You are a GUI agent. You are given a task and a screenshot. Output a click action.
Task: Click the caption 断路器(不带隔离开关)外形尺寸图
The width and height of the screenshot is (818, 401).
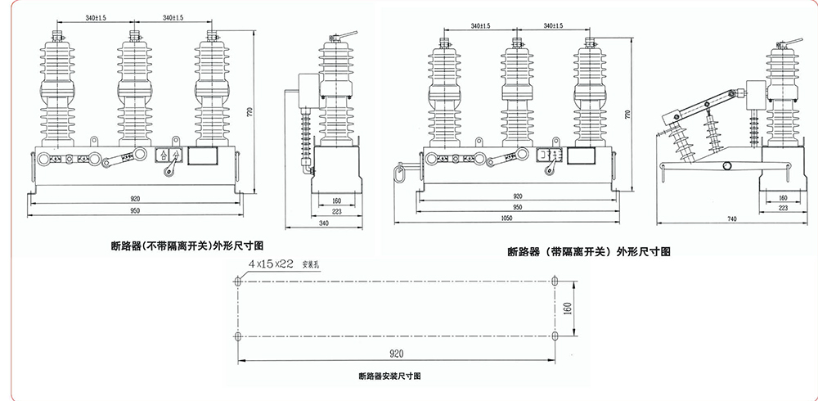coord(187,244)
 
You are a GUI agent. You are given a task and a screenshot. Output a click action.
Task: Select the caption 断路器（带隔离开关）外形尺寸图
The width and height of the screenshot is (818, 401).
coord(589,251)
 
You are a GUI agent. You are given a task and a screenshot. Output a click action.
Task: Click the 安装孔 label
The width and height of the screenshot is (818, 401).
coord(313,264)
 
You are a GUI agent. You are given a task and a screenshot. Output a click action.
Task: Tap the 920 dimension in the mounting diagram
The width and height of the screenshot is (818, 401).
coord(397,354)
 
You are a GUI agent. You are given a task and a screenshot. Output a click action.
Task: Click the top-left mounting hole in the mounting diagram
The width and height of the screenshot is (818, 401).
coord(238,282)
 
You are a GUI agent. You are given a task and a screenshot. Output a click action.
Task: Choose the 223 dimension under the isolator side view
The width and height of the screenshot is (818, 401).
coord(784,208)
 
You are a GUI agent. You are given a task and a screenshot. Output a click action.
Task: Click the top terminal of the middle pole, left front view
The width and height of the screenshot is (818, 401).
coord(132,36)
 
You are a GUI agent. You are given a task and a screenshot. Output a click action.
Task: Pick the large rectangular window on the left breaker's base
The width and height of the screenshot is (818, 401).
coord(204,155)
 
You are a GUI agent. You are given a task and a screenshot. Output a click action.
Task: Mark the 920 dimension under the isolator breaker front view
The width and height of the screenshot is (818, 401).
coord(518,196)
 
